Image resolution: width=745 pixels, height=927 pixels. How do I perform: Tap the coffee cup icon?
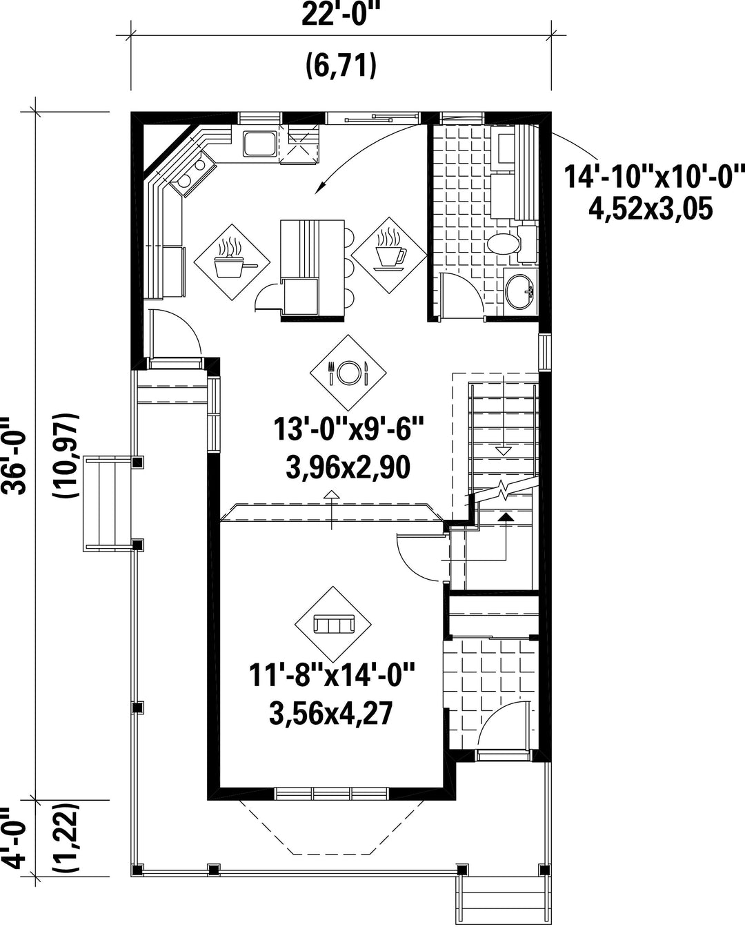click(x=389, y=255)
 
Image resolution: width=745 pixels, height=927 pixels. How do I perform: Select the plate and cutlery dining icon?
click(x=348, y=373)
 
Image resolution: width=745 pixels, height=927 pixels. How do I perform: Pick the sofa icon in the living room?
click(x=333, y=624)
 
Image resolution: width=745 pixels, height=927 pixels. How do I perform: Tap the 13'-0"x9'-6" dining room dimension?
click(x=349, y=430)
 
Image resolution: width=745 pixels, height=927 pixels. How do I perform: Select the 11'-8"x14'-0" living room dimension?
click(x=332, y=676)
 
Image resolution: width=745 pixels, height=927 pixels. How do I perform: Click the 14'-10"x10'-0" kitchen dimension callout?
click(x=655, y=177)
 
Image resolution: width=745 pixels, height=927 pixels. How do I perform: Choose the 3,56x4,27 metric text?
click(x=331, y=713)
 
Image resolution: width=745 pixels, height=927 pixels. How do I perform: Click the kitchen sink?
click(x=260, y=144)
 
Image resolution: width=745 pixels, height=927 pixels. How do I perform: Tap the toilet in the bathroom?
click(x=512, y=244)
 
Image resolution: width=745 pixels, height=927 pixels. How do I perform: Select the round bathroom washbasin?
click(x=519, y=292)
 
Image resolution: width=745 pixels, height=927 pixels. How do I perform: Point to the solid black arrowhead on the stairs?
click(x=506, y=517)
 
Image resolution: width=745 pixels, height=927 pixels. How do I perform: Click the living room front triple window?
click(x=331, y=794)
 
